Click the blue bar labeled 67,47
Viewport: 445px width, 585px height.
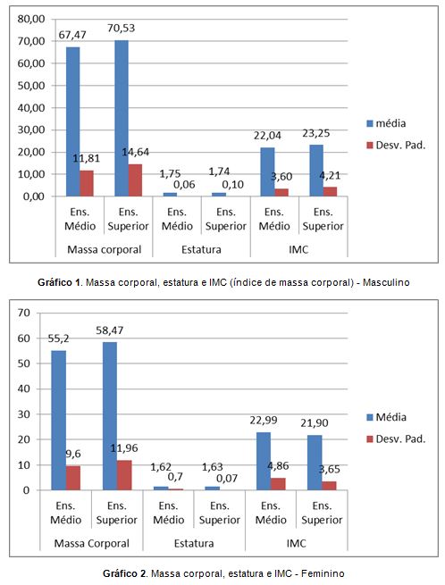pyautogui.click(x=72, y=121)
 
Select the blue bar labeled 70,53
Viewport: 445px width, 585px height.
pyautogui.click(x=122, y=118)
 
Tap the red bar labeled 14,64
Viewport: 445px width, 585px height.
pyautogui.click(x=135, y=180)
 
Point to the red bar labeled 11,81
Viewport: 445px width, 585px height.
pyautogui.click(x=87, y=183)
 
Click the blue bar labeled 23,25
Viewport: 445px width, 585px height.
pyautogui.click(x=316, y=171)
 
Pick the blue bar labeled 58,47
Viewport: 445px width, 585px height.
pyautogui.click(x=109, y=416)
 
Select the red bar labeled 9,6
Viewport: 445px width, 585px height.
pyautogui.click(x=73, y=478)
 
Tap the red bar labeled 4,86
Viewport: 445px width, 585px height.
pyautogui.click(x=278, y=484)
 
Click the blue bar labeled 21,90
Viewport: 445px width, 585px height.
pyautogui.click(x=315, y=463)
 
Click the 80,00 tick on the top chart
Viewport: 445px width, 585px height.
pyautogui.click(x=31, y=19)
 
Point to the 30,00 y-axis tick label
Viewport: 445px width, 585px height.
pyautogui.click(x=31, y=130)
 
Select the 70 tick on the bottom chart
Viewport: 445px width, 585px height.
pyautogui.click(x=23, y=313)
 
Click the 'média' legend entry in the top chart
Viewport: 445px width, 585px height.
pyautogui.click(x=386, y=123)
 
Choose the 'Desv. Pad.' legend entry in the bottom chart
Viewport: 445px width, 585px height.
pyautogui.click(x=396, y=439)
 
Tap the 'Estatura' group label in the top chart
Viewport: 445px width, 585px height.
pyautogui.click(x=201, y=249)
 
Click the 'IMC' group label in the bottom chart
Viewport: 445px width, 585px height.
pyautogui.click(x=296, y=544)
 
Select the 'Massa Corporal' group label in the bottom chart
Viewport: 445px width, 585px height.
pyautogui.click(x=91, y=544)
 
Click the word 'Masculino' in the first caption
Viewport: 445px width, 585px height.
pyautogui.click(x=386, y=282)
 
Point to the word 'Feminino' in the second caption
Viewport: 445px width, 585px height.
pyautogui.click(x=323, y=573)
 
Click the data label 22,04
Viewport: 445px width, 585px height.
pyautogui.click(x=267, y=136)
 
